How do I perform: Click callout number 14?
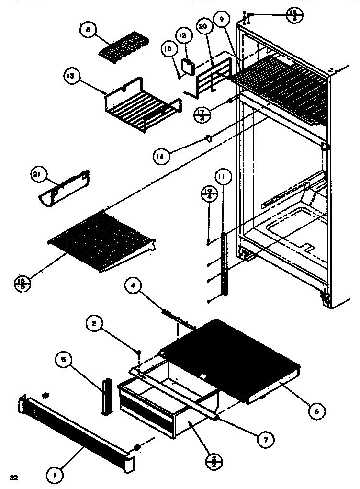[162, 156]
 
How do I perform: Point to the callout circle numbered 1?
[55, 476]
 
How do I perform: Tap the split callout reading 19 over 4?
[207, 195]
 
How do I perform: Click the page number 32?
[13, 477]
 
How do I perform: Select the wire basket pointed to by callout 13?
[141, 108]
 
